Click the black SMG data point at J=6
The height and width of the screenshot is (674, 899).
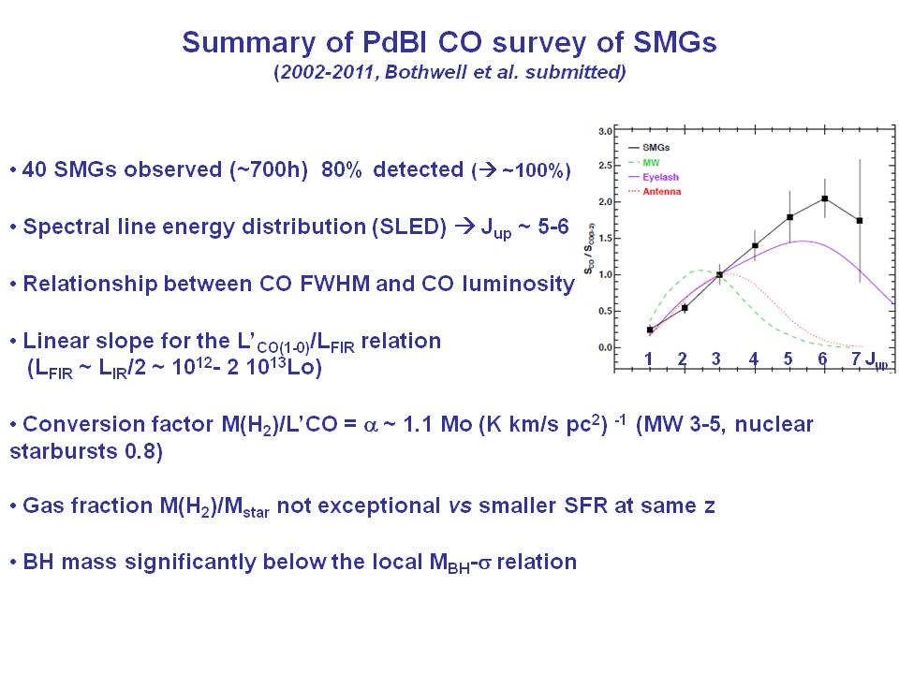824,198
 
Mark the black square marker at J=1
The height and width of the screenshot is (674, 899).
650,330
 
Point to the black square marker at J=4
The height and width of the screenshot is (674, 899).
755,245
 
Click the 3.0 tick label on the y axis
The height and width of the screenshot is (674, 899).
605,130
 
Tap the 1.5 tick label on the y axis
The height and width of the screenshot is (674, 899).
605,239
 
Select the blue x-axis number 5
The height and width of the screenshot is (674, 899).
788,359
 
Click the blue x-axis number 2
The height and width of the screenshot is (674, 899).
683,359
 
